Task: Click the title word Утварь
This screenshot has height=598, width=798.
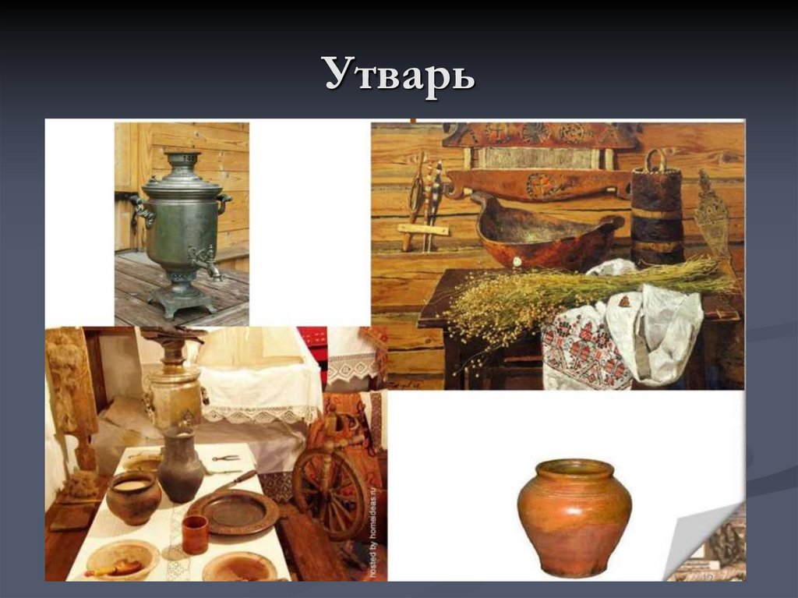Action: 399,76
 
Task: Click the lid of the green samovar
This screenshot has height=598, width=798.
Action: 183,176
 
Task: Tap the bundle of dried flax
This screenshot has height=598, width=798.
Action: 577,288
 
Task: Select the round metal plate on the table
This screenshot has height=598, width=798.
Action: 232,511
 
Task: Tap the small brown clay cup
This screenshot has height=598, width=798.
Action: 194,535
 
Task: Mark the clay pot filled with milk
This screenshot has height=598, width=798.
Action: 133,496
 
